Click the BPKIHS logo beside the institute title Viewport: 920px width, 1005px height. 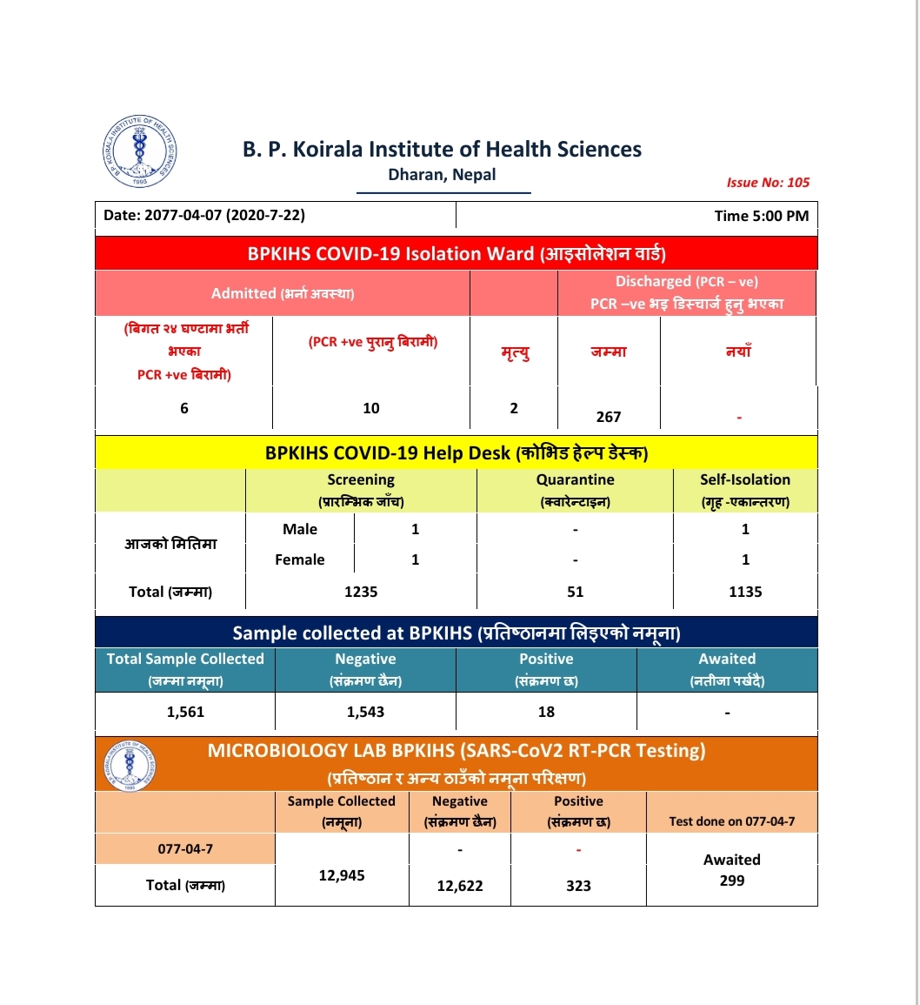[140, 151]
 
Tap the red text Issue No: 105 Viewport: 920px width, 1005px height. [768, 183]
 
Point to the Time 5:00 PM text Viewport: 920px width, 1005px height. [762, 216]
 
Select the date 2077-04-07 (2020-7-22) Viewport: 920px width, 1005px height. [204, 215]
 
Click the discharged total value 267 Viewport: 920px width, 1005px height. [609, 417]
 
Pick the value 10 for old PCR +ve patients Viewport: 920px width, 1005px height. [371, 408]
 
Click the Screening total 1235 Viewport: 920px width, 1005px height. [361, 592]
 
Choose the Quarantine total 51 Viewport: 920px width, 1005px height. [575, 592]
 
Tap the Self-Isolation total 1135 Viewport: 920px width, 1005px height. [745, 592]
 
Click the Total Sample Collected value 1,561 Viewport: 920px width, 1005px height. [185, 712]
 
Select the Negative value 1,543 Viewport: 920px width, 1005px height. [365, 712]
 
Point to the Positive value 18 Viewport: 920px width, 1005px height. [546, 712]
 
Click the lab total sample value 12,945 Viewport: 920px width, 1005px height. [342, 875]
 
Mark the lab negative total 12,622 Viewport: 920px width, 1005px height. [460, 886]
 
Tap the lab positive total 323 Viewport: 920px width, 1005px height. [578, 886]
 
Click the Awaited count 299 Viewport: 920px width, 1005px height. [732, 881]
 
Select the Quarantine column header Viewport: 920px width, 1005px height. [575, 480]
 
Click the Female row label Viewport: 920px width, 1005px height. [300, 559]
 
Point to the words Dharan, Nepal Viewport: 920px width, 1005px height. [442, 175]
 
